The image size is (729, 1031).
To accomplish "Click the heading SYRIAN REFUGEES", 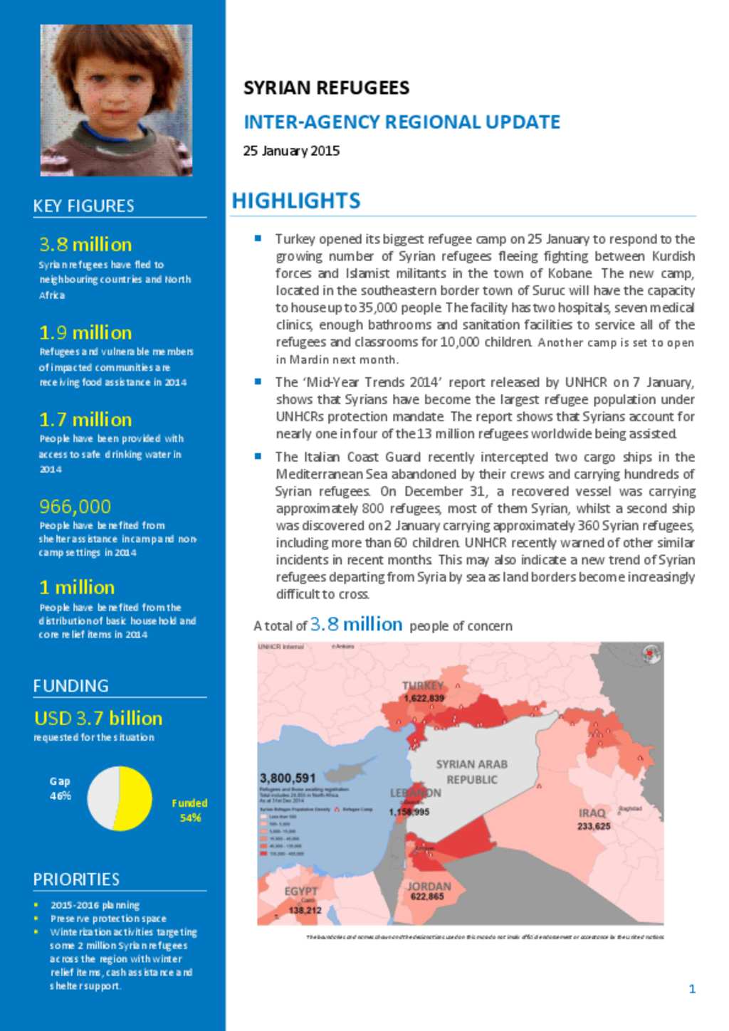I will click(326, 88).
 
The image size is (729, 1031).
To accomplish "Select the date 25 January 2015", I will click(291, 151).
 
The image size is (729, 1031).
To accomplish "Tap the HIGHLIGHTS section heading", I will click(296, 201).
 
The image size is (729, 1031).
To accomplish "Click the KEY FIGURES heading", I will click(83, 206).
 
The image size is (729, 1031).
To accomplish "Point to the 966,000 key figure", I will click(75, 506).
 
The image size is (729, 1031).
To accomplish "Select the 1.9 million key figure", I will click(85, 332).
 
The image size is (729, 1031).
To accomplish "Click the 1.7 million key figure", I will click(85, 419).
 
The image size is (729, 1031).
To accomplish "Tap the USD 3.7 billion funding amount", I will click(98, 718).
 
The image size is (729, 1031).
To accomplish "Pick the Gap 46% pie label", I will click(60, 788).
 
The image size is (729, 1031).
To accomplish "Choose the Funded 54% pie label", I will click(189, 810).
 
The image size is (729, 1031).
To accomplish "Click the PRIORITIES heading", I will click(76, 879).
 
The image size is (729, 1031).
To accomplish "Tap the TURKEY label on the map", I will click(423, 685).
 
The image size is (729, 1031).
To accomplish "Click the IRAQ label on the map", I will click(592, 813).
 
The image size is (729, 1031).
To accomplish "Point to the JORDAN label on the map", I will click(429, 886).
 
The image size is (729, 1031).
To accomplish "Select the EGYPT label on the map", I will click(301, 891).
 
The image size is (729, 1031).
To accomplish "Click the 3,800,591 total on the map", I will click(288, 778).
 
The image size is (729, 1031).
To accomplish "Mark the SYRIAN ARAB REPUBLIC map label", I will click(471, 771).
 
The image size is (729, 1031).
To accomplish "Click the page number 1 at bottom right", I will click(692, 988).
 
